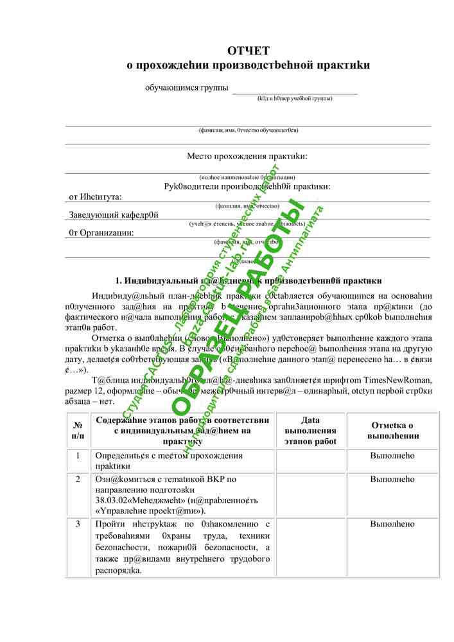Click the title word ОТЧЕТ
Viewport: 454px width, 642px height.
pyautogui.click(x=249, y=51)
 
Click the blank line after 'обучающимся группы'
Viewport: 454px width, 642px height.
pyautogui.click(x=294, y=90)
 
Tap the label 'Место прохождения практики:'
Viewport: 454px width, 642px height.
pyautogui.click(x=247, y=156)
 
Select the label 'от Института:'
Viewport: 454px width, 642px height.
pyautogui.click(x=95, y=197)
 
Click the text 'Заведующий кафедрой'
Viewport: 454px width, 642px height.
pyautogui.click(x=113, y=215)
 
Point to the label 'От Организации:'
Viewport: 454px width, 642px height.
pyautogui.click(x=101, y=232)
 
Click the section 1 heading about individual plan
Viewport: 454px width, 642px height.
pyautogui.click(x=248, y=281)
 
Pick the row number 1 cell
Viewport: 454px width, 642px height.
pyautogui.click(x=78, y=456)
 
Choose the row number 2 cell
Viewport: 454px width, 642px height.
pyautogui.click(x=78, y=479)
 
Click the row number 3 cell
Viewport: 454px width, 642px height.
pyautogui.click(x=78, y=525)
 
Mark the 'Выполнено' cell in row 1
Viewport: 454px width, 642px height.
pyautogui.click(x=392, y=456)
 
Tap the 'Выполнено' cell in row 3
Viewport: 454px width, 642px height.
pyautogui.click(x=392, y=525)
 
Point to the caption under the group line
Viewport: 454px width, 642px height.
pyautogui.click(x=294, y=99)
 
